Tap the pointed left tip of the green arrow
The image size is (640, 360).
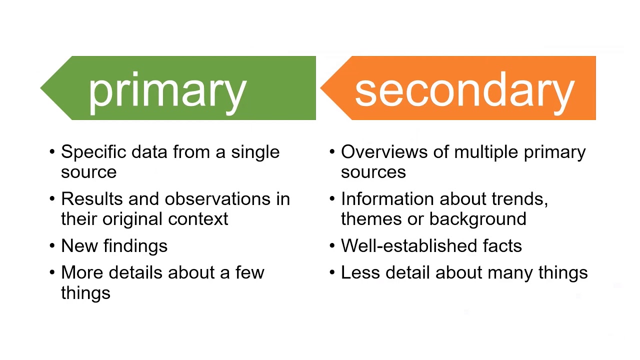42,88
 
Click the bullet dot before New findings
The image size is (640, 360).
52,246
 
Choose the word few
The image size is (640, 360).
249,272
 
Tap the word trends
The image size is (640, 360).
519,199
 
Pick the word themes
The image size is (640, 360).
364,219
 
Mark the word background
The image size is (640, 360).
477,219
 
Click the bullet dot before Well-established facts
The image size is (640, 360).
332,246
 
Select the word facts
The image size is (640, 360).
502,246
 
